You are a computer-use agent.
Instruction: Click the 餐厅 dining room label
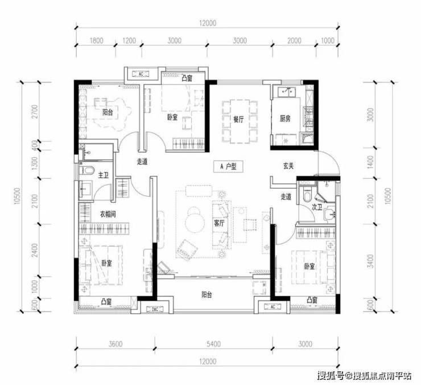238,119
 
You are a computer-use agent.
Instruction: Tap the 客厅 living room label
219,223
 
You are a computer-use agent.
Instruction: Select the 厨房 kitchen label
285,118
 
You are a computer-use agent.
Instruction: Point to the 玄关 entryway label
288,166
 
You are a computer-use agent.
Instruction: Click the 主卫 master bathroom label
103,175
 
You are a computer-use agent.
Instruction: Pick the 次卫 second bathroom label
317,207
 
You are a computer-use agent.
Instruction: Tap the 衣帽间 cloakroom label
108,214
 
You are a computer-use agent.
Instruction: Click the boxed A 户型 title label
228,167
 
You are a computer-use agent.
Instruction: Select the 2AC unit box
154,309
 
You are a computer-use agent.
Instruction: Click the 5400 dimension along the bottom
214,344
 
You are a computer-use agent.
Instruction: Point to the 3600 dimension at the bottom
115,344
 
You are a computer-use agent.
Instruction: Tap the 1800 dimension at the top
96,40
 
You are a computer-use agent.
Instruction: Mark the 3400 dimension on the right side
370,261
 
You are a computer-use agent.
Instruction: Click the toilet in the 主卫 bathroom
87,170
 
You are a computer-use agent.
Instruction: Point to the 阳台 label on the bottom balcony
207,294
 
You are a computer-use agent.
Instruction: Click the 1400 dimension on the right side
370,162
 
